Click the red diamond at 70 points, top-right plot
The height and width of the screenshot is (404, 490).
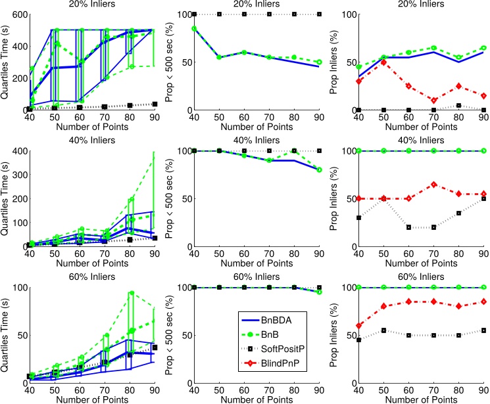[435, 101]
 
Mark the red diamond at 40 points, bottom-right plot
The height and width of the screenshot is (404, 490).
[358, 326]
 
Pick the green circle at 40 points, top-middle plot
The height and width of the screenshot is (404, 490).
[194, 29]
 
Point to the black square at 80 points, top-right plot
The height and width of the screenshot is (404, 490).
[460, 105]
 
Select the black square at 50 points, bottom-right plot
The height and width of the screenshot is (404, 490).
[383, 330]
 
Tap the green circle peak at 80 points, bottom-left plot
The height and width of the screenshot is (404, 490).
[113, 293]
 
